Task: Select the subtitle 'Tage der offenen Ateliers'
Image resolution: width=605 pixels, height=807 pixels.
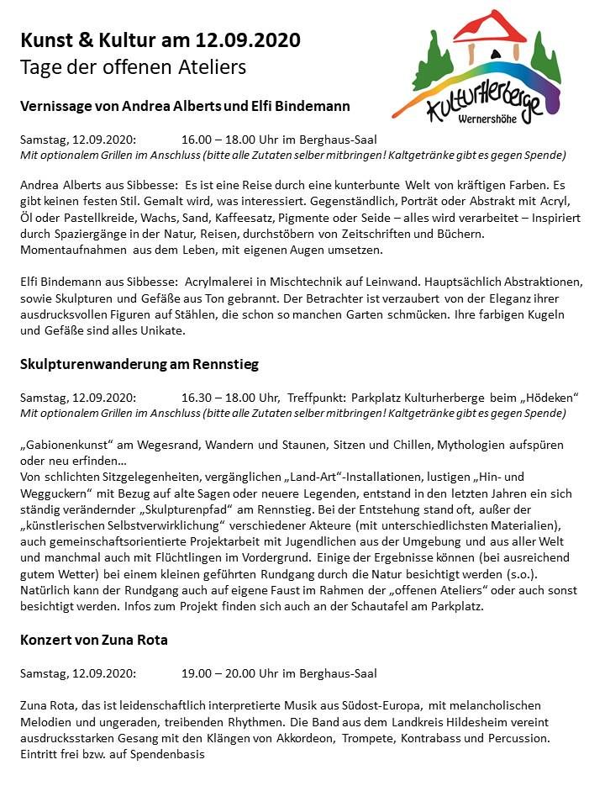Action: [133, 66]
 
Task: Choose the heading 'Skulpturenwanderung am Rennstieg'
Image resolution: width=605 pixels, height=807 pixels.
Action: [139, 364]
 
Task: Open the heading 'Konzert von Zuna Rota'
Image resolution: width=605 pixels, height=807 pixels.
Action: [93, 640]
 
